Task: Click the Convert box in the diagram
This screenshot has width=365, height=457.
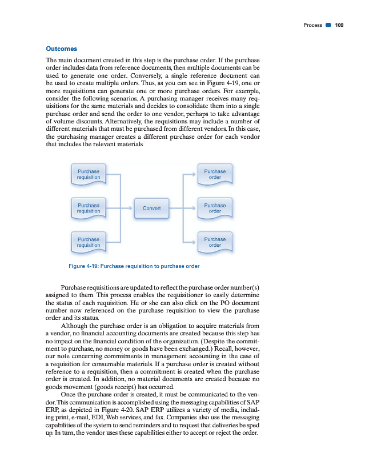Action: tap(151, 209)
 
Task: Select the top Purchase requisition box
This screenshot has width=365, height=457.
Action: tap(89, 174)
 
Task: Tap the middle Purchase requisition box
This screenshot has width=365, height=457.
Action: tap(89, 209)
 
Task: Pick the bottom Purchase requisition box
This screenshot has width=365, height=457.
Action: tap(89, 242)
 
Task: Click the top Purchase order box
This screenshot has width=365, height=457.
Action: tap(215, 174)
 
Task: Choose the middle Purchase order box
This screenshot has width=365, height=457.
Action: tap(215, 209)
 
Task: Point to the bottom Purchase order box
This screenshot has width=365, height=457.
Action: tap(215, 242)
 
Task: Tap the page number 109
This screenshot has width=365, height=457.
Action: tap(339, 25)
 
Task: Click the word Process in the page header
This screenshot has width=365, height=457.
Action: tap(312, 25)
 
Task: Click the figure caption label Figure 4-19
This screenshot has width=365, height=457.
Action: tap(83, 266)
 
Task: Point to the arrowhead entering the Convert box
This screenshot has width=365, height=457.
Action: tap(130, 209)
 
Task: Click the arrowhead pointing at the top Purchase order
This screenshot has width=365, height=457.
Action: tap(194, 174)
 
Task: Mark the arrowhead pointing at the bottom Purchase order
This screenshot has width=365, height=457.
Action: tap(194, 242)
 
